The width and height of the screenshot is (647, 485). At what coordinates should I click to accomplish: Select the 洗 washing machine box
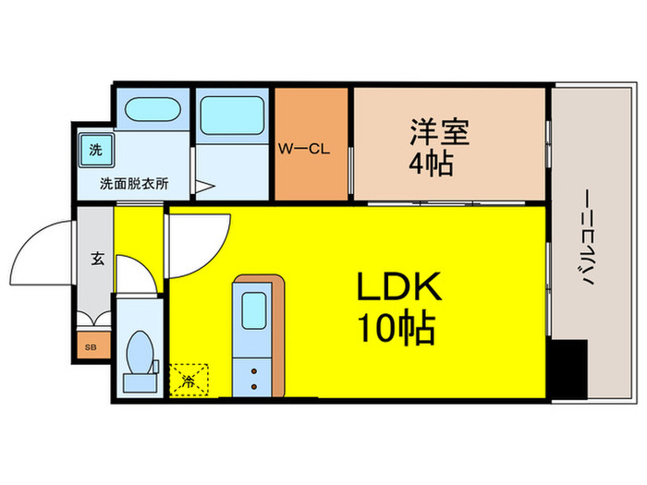point(96,149)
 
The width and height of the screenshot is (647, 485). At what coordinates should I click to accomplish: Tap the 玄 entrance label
point(97,258)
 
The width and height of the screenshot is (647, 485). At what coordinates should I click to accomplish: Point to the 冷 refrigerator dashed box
point(189,379)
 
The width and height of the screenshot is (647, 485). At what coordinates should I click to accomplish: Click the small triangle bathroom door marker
point(204,187)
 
